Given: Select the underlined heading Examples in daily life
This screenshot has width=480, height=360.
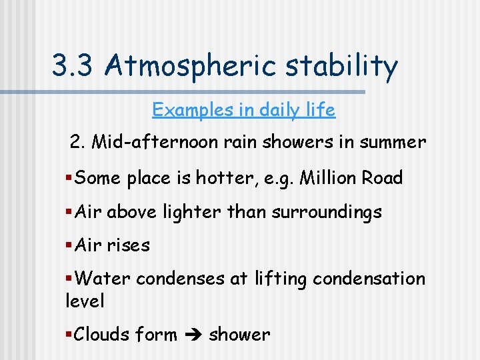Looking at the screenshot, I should coord(243,109).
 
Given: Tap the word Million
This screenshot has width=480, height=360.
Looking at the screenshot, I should coord(331,178).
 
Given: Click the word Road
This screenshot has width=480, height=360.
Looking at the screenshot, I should coord(383,178).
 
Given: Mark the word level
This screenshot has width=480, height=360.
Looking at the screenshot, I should coord(85,301).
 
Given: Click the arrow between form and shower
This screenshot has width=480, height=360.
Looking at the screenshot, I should coord(193,335).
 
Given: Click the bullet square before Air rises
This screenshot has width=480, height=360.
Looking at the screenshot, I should coord(69,245).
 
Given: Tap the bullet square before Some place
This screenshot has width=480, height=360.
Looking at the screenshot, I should coord(69,178).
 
